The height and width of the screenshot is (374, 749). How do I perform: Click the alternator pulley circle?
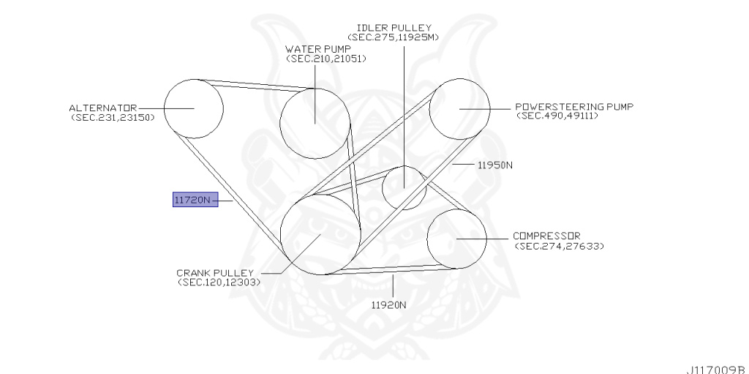click(x=193, y=108)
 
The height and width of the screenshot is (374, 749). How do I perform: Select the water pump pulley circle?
click(x=315, y=123)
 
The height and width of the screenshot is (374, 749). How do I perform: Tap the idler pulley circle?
click(x=404, y=187)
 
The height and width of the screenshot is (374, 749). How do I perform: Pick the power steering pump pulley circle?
click(x=459, y=108)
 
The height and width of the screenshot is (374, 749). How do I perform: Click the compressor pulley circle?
click(x=456, y=239)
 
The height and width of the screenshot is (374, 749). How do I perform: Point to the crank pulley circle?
click(x=320, y=234)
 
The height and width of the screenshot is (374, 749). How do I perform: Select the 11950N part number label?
click(x=494, y=165)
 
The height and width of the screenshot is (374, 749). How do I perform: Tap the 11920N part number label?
click(x=388, y=304)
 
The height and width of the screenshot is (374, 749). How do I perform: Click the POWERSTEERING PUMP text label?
click(x=573, y=106)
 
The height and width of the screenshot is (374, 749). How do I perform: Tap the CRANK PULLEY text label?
click(x=214, y=272)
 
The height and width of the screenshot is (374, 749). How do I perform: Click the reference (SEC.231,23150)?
click(x=113, y=117)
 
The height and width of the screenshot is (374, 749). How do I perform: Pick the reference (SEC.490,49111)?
click(x=557, y=116)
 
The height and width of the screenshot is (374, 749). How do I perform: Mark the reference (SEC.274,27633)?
click(x=560, y=246)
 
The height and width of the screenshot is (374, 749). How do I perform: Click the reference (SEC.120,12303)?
click(x=219, y=282)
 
